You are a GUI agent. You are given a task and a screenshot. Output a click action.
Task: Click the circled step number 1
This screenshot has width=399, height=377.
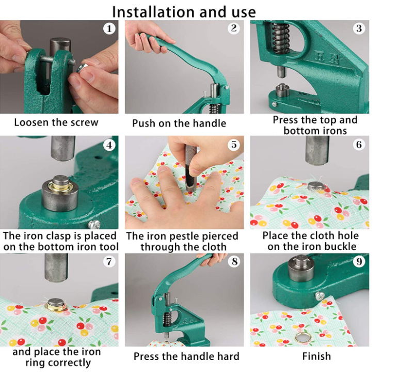click(109, 28)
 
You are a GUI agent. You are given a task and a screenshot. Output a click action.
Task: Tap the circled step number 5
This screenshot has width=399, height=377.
click(234, 145)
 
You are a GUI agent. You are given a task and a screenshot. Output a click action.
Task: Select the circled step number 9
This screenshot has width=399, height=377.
click(359, 261)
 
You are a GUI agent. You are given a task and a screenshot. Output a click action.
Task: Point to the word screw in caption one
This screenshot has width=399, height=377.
click(85, 123)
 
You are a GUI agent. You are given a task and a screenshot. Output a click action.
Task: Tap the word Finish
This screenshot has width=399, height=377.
click(316, 356)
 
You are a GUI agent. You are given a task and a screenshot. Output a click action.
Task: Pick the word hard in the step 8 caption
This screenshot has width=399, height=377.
click(229, 356)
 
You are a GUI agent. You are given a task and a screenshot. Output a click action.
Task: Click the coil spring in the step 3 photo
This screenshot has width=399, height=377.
click(281, 38)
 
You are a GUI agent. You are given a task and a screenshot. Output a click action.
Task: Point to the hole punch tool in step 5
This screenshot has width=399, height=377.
click(191, 168)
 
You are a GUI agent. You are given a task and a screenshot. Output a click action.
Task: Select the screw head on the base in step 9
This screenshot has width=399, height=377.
click(320, 296)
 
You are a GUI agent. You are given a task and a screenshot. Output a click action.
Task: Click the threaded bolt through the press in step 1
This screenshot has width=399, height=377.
click(55, 59)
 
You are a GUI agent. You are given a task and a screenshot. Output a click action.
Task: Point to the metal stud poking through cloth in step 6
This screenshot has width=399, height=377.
click(315, 186)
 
